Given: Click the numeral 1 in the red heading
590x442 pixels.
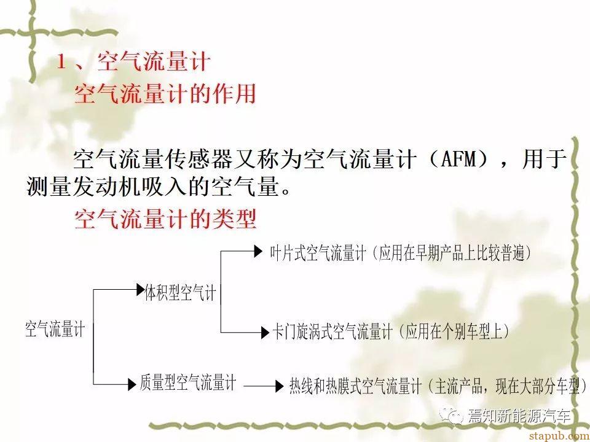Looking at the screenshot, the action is (x=61, y=62).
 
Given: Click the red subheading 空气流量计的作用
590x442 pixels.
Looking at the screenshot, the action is (x=165, y=93).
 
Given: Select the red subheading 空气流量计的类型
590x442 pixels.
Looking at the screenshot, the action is (x=165, y=219).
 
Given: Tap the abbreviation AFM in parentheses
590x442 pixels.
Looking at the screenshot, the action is (x=458, y=159).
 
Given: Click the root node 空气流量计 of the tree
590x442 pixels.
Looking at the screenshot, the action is (x=55, y=329).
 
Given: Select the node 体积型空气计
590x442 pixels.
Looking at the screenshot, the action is (x=180, y=293).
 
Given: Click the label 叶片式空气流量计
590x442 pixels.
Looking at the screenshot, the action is (x=318, y=253).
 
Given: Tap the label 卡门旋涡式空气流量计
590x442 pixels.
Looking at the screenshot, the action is (x=332, y=332).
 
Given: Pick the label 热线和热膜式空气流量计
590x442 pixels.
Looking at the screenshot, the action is (x=355, y=386).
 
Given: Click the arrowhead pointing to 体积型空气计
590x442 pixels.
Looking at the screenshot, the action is (x=140, y=289).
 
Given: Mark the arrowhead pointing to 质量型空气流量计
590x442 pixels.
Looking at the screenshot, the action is (x=132, y=384).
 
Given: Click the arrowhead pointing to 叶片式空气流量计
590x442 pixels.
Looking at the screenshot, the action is (x=259, y=251).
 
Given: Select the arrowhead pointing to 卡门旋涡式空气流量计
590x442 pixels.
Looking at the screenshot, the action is (x=265, y=332).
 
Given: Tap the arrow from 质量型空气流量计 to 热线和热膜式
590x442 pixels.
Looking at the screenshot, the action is (x=264, y=386).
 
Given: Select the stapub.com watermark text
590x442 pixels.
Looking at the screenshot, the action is (x=559, y=436).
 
